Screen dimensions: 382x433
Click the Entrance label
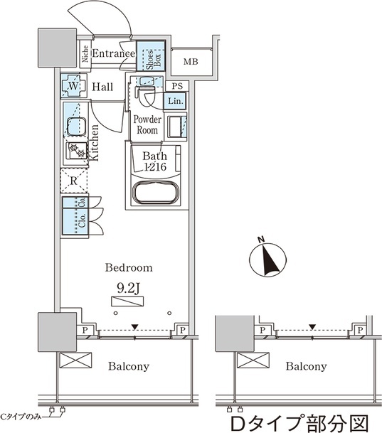coord(114,53)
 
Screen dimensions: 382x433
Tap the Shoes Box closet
coord(151,55)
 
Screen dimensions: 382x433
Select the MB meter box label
coord(191,62)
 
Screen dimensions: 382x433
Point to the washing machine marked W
coord(73,86)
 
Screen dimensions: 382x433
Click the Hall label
coord(102,87)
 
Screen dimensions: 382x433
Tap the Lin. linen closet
coord(175,101)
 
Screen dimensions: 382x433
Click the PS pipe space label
coord(177,86)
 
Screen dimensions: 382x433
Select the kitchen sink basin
coord(75,127)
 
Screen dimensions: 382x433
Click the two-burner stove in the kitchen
coord(77,151)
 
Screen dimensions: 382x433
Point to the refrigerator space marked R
coord(74,181)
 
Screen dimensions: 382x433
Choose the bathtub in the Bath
coord(156,193)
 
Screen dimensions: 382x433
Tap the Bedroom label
coord(129,267)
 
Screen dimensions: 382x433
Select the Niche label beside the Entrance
coord(85,54)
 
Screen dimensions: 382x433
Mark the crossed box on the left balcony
coord(75,360)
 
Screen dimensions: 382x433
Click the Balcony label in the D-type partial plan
coord(307,366)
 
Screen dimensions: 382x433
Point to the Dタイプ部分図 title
coord(299,423)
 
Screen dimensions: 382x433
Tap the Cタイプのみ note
coord(21,417)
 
